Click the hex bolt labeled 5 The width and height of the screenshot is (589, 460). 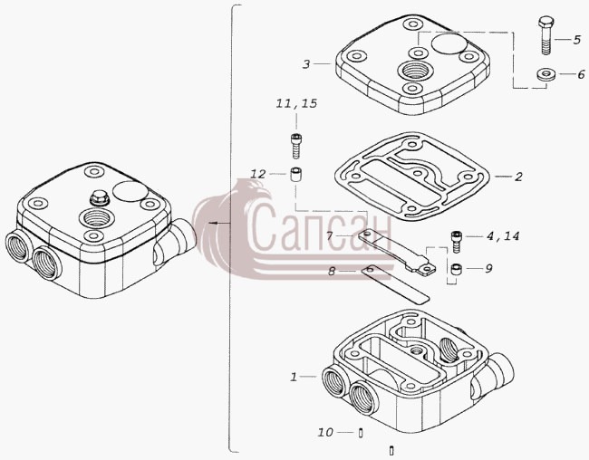pyautogui.click(x=546, y=35)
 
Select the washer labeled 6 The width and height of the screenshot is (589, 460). pyautogui.click(x=546, y=74)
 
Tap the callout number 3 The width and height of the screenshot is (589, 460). pyautogui.click(x=306, y=64)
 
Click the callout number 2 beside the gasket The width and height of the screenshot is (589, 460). pyautogui.click(x=518, y=177)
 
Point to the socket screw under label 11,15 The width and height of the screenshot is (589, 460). pyautogui.click(x=296, y=146)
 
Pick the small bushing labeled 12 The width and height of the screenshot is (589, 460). pyautogui.click(x=296, y=175)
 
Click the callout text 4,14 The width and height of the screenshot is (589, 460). pyautogui.click(x=503, y=236)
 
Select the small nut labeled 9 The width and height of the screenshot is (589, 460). pyautogui.click(x=456, y=269)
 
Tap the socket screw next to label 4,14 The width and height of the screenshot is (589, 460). pyautogui.click(x=456, y=242)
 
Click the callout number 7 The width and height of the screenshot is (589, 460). pyautogui.click(x=330, y=236)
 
